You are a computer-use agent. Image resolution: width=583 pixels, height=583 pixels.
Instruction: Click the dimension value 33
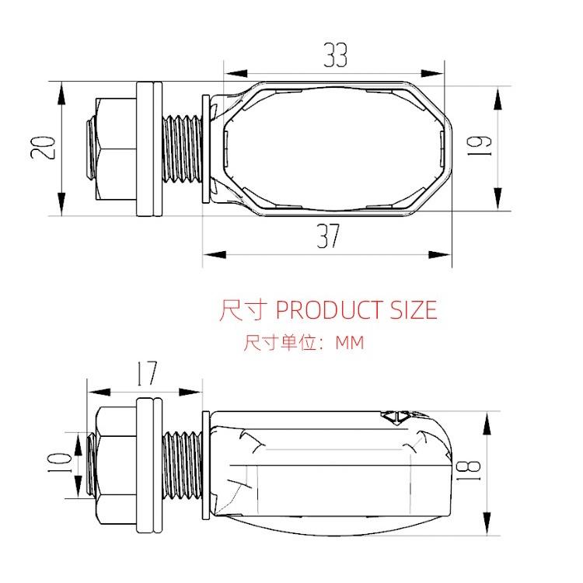[x=335, y=56]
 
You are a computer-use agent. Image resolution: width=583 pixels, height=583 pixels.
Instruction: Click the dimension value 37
[x=328, y=236]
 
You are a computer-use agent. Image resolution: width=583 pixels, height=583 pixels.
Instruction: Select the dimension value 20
[x=44, y=148]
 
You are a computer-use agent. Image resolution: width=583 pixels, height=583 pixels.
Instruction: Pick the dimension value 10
[x=61, y=466]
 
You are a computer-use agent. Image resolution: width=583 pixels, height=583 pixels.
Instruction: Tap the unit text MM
[x=349, y=343]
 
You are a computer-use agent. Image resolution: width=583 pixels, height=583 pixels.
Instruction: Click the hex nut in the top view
[x=110, y=148]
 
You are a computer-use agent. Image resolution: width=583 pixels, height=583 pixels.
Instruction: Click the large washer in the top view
[x=148, y=148]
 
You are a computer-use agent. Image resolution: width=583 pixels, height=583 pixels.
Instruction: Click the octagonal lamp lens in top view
[x=334, y=148]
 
